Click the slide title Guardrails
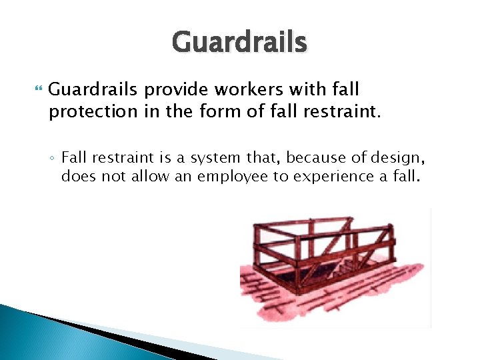(239, 42)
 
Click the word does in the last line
(75, 176)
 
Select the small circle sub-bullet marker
(52, 158)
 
